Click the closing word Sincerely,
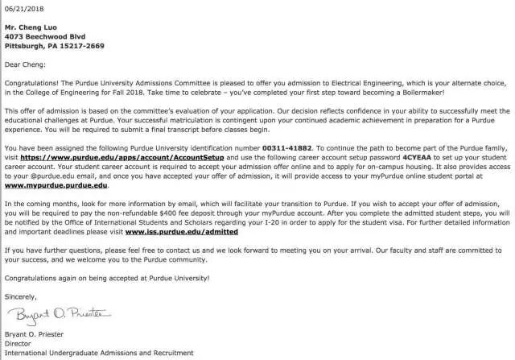pyautogui.click(x=20, y=296)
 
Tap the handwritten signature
pyautogui.click(x=48, y=313)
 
